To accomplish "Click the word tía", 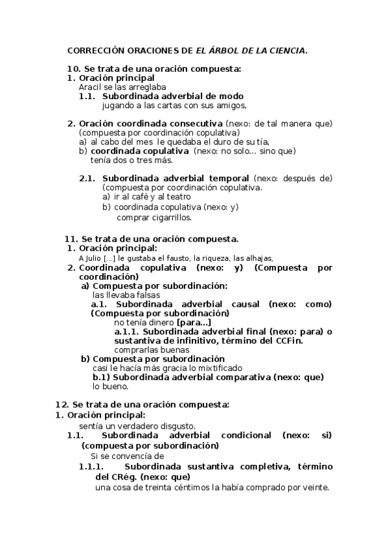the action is pyautogui.click(x=262, y=141).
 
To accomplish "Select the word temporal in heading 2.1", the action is pyautogui.click(x=228, y=178).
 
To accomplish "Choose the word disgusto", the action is pyautogui.click(x=174, y=425).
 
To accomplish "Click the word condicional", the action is pyautogui.click(x=243, y=435).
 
